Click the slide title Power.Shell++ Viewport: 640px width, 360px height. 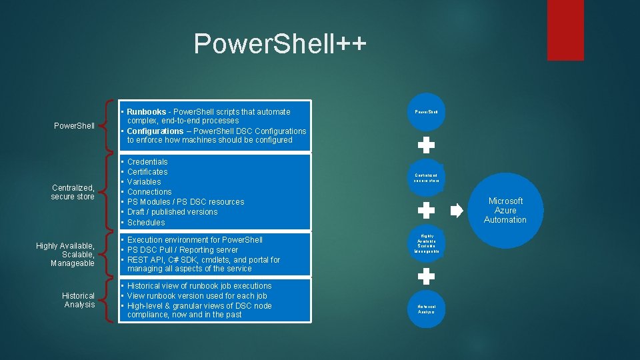pos(280,43)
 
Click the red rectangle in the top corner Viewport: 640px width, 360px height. pos(565,29)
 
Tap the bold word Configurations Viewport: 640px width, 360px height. pos(155,131)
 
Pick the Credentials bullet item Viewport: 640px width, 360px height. pos(147,162)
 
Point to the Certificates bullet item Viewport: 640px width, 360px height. pos(147,172)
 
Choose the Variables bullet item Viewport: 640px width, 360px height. pos(144,182)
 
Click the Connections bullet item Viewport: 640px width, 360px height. pos(149,192)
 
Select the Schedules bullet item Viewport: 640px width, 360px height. pos(146,223)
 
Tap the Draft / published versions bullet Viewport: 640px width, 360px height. pos(172,212)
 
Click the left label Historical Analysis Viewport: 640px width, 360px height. pos(79,300)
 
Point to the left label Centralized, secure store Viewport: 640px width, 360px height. pos(73,192)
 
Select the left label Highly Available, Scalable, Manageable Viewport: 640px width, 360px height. pos(65,255)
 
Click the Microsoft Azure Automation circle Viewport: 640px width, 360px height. pos(505,211)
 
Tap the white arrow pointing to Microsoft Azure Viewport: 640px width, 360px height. pos(457,211)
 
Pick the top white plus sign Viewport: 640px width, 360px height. pos(426,144)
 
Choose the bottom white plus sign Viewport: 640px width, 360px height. pos(426,275)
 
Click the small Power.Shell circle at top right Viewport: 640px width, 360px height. pos(426,111)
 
